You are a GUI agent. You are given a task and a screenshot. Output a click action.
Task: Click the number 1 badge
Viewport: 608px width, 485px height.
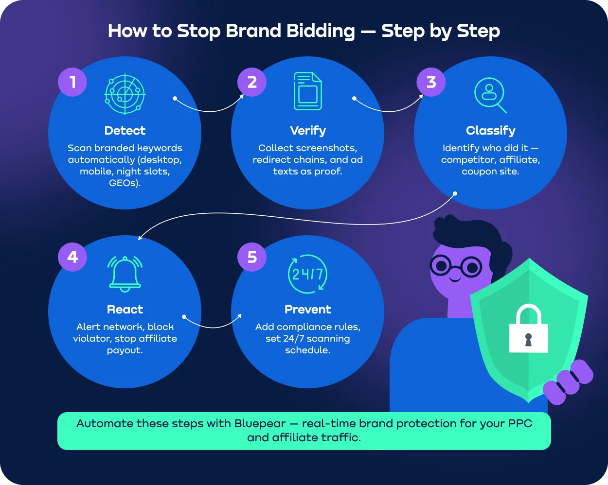pyautogui.click(x=72, y=82)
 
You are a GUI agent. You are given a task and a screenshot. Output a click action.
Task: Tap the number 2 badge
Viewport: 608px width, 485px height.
pyautogui.click(x=252, y=82)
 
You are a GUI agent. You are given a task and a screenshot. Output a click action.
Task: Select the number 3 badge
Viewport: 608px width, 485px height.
pyautogui.click(x=431, y=82)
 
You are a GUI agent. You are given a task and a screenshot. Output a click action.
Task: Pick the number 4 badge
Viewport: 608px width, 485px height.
pyautogui.click(x=72, y=257)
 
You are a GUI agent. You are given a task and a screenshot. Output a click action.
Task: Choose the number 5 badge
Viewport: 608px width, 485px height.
pyautogui.click(x=252, y=257)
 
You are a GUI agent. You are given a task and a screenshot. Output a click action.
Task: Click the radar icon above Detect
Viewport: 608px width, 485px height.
pyautogui.click(x=125, y=94)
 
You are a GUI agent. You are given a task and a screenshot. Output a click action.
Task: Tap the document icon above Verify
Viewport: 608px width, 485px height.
pyautogui.click(x=307, y=91)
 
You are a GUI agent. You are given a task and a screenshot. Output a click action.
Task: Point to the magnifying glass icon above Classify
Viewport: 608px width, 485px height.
pyautogui.click(x=490, y=95)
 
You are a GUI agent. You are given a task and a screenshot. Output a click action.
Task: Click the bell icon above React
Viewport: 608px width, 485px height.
pyautogui.click(x=125, y=274)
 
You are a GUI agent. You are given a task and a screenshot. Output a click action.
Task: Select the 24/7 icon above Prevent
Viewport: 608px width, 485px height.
pyautogui.click(x=307, y=274)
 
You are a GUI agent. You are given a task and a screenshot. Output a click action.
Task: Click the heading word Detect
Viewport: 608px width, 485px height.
pyautogui.click(x=125, y=131)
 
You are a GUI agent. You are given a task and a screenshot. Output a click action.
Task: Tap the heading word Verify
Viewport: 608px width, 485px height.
pyautogui.click(x=308, y=131)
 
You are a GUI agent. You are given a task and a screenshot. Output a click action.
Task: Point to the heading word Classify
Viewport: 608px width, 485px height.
pyautogui.click(x=490, y=131)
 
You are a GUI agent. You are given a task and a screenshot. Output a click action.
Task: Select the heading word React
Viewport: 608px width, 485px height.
pyautogui.click(x=125, y=310)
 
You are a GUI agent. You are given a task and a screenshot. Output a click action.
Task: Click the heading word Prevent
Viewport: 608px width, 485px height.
pyautogui.click(x=308, y=310)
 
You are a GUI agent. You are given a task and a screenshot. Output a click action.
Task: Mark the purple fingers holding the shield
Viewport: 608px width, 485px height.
pyautogui.click(x=568, y=381)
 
